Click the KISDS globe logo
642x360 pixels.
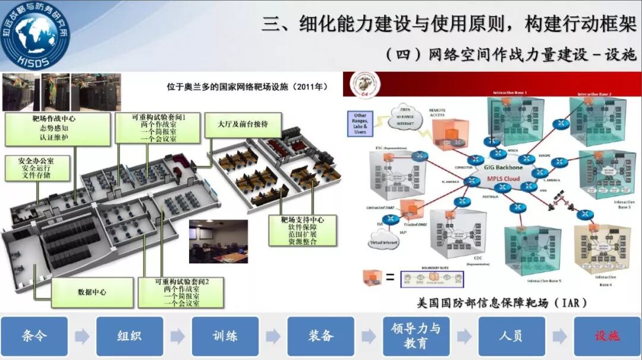35,34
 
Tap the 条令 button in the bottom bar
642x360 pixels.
34,336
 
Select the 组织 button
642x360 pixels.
130,336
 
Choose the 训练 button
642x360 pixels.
225,336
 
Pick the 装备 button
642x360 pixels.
320,336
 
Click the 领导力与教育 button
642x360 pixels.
416,336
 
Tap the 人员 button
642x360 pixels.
511,336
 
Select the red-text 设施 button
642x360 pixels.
607,336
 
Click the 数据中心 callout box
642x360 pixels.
92,292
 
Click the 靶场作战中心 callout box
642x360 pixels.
58,128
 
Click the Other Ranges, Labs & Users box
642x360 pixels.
360,123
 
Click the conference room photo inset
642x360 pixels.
218,241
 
